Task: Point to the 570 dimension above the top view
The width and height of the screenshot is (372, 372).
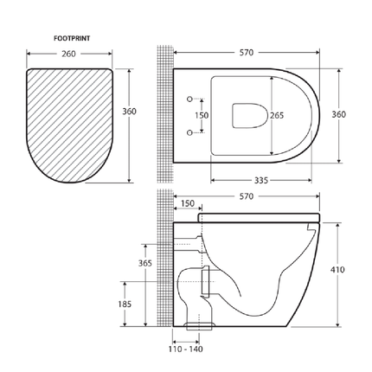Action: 249,52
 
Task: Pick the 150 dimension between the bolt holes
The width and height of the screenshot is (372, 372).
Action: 201,115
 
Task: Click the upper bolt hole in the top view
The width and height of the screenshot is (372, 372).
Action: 189,98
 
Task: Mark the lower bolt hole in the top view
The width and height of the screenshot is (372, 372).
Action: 189,132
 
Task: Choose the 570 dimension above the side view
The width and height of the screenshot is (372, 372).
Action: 249,196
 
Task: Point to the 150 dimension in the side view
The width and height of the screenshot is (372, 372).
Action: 186,204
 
